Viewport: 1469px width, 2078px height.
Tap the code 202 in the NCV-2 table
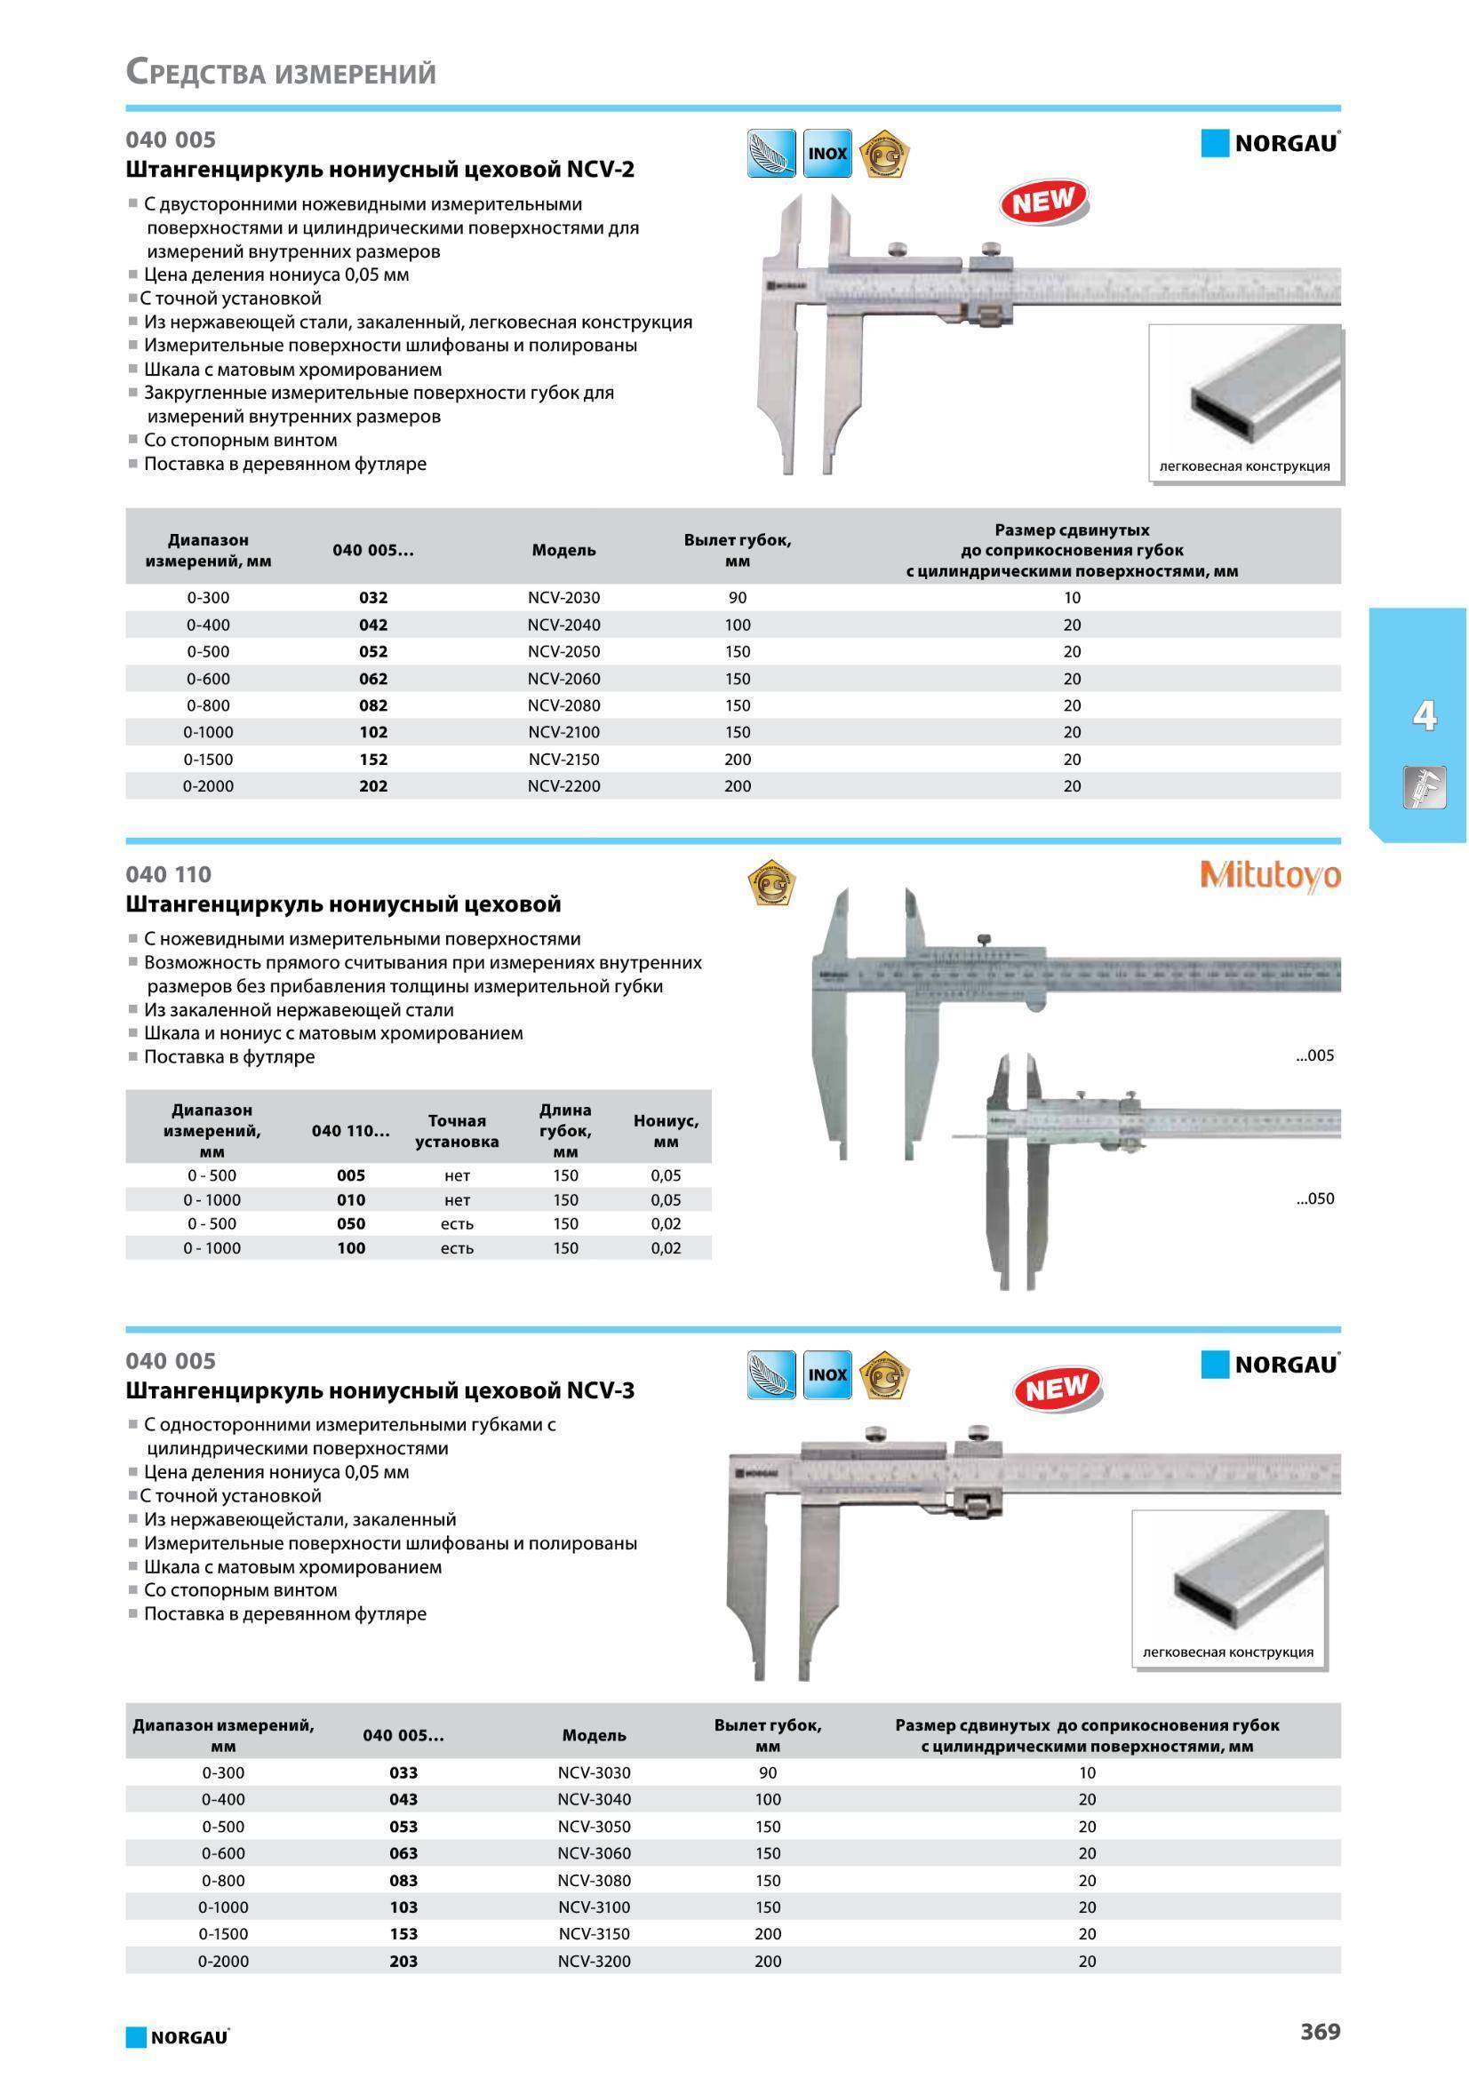pyautogui.click(x=373, y=785)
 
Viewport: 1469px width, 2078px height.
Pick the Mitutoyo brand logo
pyautogui.click(x=1270, y=875)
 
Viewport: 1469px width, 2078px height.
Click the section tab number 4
pyautogui.click(x=1424, y=716)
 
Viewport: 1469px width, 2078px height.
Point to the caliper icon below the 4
pyautogui.click(x=1424, y=786)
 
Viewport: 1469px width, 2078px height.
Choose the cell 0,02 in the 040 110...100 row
pyautogui.click(x=666, y=1248)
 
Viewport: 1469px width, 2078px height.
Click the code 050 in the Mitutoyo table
pyautogui.click(x=350, y=1223)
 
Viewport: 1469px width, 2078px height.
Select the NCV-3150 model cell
pyautogui.click(x=594, y=1933)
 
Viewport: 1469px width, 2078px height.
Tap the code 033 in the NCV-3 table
pyautogui.click(x=403, y=1772)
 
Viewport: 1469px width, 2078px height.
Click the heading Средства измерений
pyautogui.click(x=281, y=71)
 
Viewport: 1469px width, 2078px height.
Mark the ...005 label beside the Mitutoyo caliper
pyautogui.click(x=1314, y=1055)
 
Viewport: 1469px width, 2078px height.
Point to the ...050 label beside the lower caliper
pyautogui.click(x=1314, y=1198)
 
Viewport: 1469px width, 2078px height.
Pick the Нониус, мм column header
pyautogui.click(x=666, y=1130)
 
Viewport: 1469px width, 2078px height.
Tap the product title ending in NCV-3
pyautogui.click(x=379, y=1390)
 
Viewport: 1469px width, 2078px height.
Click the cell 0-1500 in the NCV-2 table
pyautogui.click(x=208, y=760)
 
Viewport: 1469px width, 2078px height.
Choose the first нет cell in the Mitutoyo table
pyautogui.click(x=457, y=1175)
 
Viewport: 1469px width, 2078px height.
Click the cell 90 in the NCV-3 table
pyautogui.click(x=768, y=1772)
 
